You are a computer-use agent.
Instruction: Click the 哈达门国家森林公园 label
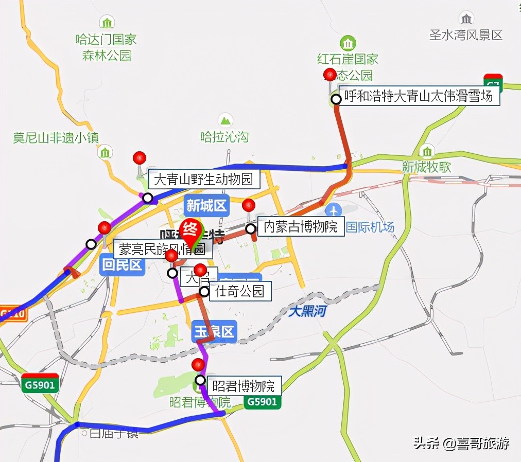(x=107, y=47)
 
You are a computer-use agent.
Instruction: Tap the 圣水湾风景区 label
(x=466, y=35)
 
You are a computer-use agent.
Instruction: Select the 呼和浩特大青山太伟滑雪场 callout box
(x=418, y=96)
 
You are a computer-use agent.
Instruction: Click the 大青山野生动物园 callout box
(x=204, y=180)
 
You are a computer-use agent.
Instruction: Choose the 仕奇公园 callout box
(x=240, y=292)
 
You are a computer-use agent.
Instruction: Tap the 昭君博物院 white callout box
(x=244, y=384)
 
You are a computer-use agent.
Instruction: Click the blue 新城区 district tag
(x=206, y=206)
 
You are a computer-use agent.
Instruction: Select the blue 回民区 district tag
(x=121, y=265)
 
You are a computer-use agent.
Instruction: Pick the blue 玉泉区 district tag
(x=214, y=332)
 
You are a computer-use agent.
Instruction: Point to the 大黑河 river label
(x=307, y=311)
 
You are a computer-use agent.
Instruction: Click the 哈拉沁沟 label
(x=224, y=137)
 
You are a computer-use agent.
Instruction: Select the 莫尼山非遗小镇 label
(x=56, y=137)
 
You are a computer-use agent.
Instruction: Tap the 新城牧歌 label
(x=427, y=167)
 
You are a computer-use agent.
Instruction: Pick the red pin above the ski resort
(x=330, y=75)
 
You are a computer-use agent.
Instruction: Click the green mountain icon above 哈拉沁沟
(x=225, y=120)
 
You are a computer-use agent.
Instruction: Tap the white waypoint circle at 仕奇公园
(x=204, y=292)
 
